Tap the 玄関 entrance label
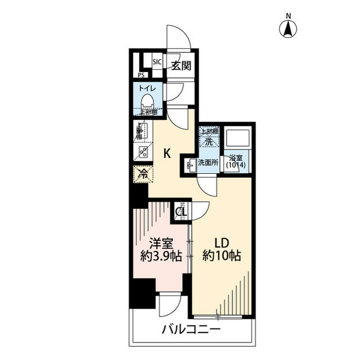point(181,65)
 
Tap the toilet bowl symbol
point(147,102)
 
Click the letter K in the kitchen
point(167,152)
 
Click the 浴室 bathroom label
point(236,158)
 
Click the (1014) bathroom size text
point(236,165)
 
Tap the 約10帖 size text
point(222,256)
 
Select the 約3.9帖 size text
point(161,256)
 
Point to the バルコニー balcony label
point(191,330)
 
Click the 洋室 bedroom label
point(161,243)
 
